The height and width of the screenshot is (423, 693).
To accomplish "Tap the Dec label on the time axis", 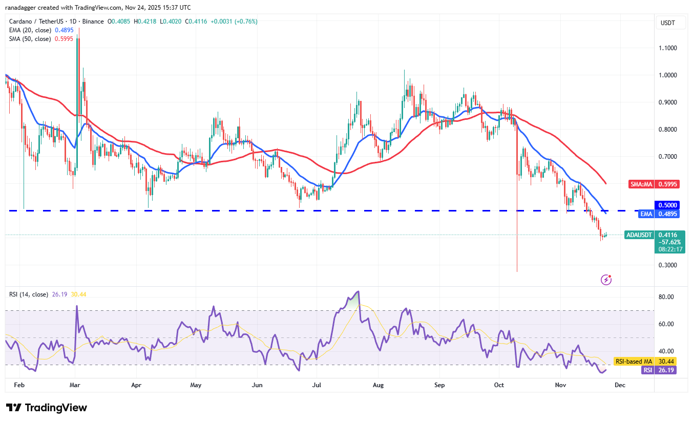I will [619, 384].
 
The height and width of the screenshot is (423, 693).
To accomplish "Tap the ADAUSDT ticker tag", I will [639, 235].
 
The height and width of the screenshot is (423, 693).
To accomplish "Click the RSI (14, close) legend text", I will [29, 294].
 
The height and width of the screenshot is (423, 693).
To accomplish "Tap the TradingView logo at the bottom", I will [47, 408].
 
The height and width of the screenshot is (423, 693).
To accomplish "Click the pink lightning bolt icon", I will [606, 280].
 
